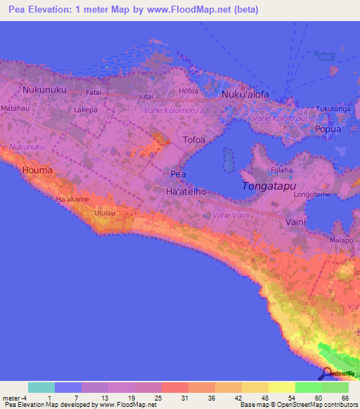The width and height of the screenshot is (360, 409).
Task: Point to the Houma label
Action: point(37,170)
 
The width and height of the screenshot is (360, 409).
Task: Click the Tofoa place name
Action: point(195,140)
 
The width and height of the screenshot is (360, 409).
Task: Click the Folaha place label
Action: point(281,170)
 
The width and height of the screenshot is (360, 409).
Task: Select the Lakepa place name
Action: point(85,110)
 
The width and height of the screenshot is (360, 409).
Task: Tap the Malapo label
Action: point(342,240)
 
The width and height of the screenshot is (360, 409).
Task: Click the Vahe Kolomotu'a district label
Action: point(174,111)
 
